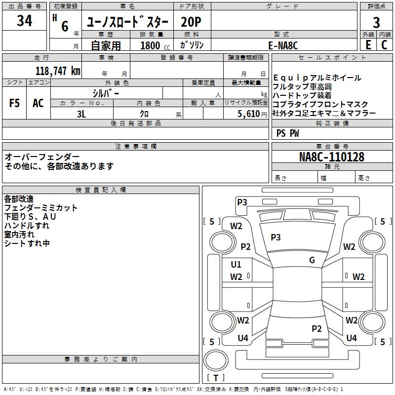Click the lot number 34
(24, 20)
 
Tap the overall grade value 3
(376, 22)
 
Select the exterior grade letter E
(368, 45)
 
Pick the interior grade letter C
(384, 45)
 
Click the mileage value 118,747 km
(58, 71)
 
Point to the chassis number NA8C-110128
(331, 157)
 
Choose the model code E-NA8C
(283, 45)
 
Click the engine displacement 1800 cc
(155, 45)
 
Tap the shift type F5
(14, 103)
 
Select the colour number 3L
(81, 114)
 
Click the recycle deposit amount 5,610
(249, 114)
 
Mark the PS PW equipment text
(287, 133)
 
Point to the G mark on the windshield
(312, 260)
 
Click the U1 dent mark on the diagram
(236, 265)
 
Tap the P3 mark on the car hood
(276, 237)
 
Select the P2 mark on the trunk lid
(316, 328)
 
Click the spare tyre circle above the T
(216, 360)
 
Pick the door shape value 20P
(191, 22)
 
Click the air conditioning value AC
(38, 103)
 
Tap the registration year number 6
(65, 26)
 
